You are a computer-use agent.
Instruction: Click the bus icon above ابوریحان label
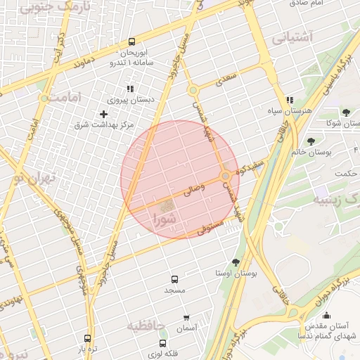(131, 41)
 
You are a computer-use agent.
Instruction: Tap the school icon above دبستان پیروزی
(129, 89)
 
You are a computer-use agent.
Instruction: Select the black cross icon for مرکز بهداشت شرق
(104, 113)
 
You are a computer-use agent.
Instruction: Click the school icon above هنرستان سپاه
(290, 101)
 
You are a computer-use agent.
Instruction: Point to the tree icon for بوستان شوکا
(345, 112)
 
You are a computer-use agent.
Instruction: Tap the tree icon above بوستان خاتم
(311, 141)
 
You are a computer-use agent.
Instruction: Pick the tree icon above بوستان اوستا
(236, 262)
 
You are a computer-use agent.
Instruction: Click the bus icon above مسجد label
(174, 279)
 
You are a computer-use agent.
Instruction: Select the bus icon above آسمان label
(186, 318)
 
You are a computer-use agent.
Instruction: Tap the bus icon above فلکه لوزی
(163, 343)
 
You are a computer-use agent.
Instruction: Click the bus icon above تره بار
(87, 338)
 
